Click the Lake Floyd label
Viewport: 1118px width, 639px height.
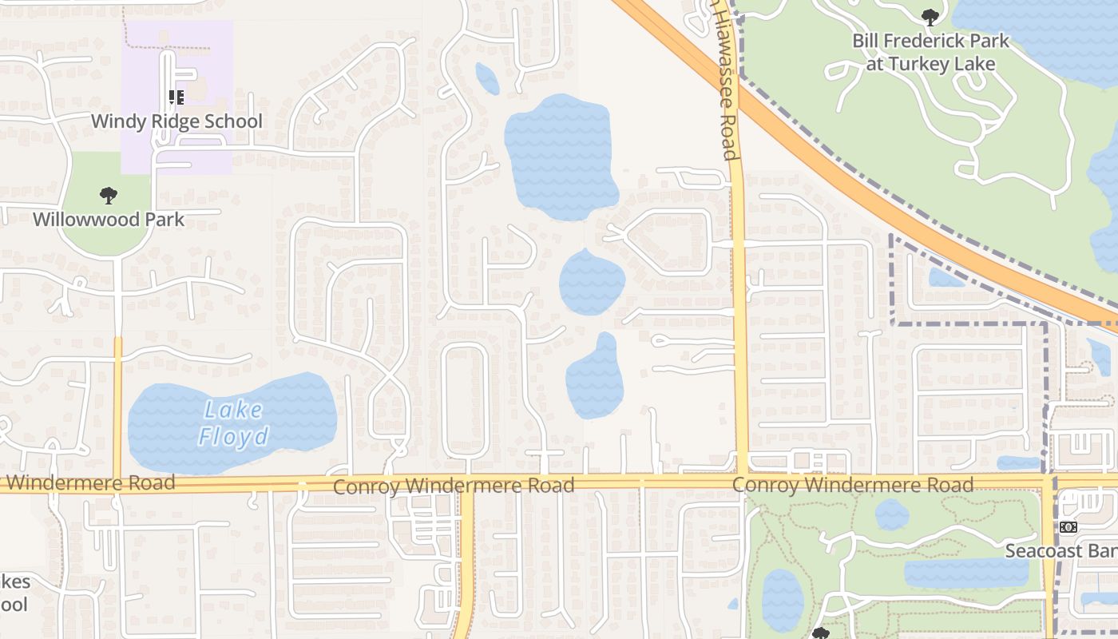(233, 423)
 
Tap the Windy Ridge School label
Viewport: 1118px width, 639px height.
(176, 121)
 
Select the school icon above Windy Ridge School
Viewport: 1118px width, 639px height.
(176, 98)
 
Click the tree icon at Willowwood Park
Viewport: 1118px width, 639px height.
(109, 195)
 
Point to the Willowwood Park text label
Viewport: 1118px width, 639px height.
(109, 219)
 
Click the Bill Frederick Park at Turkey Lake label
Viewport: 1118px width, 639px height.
(930, 52)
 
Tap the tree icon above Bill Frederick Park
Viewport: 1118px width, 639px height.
(930, 17)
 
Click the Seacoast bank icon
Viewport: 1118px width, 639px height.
(1068, 527)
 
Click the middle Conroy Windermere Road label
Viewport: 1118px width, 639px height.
(454, 486)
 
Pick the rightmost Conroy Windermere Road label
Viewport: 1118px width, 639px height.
(853, 484)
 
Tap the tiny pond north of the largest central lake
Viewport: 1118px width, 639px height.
(487, 78)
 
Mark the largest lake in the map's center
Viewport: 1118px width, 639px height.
(561, 156)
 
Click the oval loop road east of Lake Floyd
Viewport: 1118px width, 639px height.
(466, 399)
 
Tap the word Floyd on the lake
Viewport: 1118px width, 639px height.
(233, 436)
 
